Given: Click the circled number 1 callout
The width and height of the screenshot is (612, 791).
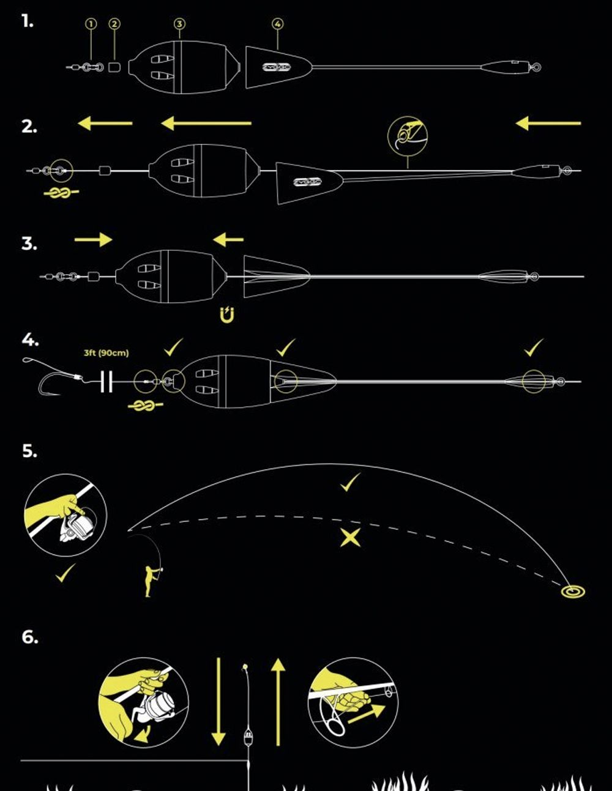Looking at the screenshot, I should coord(91,24).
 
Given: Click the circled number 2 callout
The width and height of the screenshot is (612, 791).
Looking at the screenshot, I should coord(114,24).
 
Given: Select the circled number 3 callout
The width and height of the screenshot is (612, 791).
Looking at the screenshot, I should coord(179,24).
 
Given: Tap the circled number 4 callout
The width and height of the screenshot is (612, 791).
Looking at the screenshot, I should coord(278,24).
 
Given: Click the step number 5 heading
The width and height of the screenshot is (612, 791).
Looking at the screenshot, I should coord(29,451).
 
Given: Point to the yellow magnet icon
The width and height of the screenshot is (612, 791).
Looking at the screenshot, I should coord(227,316).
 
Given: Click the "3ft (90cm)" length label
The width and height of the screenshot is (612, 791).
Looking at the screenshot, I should coord(106,353).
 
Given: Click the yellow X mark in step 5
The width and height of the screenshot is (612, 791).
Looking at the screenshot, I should coord(350,538).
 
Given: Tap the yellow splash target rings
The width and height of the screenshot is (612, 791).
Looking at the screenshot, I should coord(573,591).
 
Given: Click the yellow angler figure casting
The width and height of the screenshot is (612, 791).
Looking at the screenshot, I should coord(149,579).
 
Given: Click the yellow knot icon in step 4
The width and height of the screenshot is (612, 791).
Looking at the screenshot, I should coord(145,406).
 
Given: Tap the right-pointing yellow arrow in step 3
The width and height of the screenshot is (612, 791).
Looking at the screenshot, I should coord(94,240).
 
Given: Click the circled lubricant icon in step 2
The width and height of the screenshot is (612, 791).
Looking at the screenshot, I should coord(408,135).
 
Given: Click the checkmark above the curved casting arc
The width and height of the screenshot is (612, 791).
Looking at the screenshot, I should coord(350,483).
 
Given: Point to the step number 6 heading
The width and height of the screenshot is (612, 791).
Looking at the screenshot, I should coord(29,637).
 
